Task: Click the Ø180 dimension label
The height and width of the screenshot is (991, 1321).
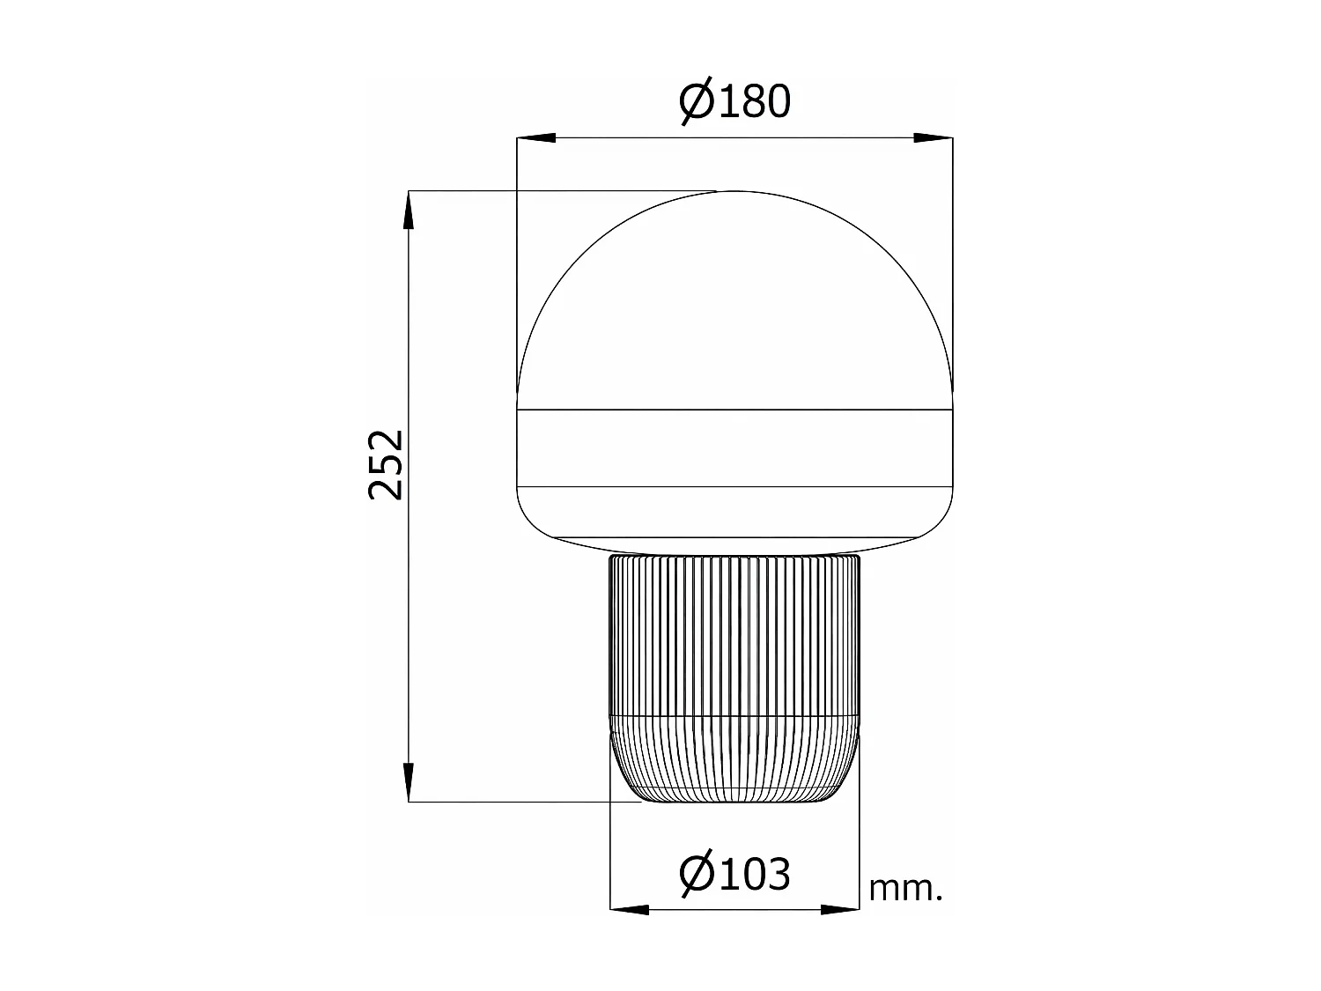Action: [x=735, y=102]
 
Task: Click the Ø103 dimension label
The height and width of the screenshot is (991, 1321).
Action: [x=735, y=874]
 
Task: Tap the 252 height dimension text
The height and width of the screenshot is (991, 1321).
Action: [x=386, y=464]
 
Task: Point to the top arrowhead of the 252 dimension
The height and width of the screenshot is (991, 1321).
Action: [x=409, y=211]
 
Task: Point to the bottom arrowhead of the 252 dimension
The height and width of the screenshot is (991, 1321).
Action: [x=409, y=782]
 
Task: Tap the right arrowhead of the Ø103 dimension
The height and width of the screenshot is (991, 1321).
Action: [x=840, y=908]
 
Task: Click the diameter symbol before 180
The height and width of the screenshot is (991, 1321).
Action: [x=697, y=102]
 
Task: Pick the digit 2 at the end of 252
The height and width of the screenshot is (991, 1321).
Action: [x=386, y=440]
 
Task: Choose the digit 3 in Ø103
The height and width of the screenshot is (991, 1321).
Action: [x=776, y=874]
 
